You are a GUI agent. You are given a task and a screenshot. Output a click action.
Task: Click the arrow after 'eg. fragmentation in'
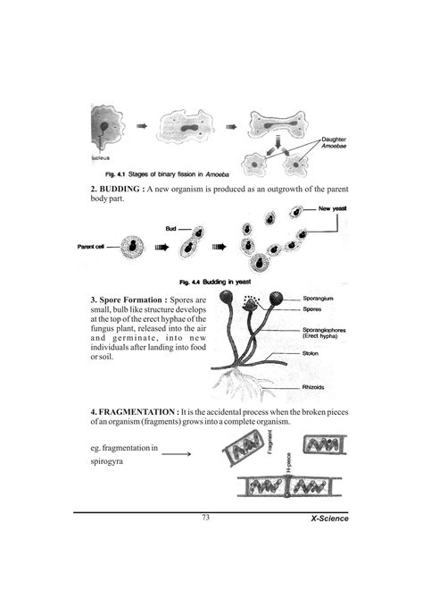(176, 454)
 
